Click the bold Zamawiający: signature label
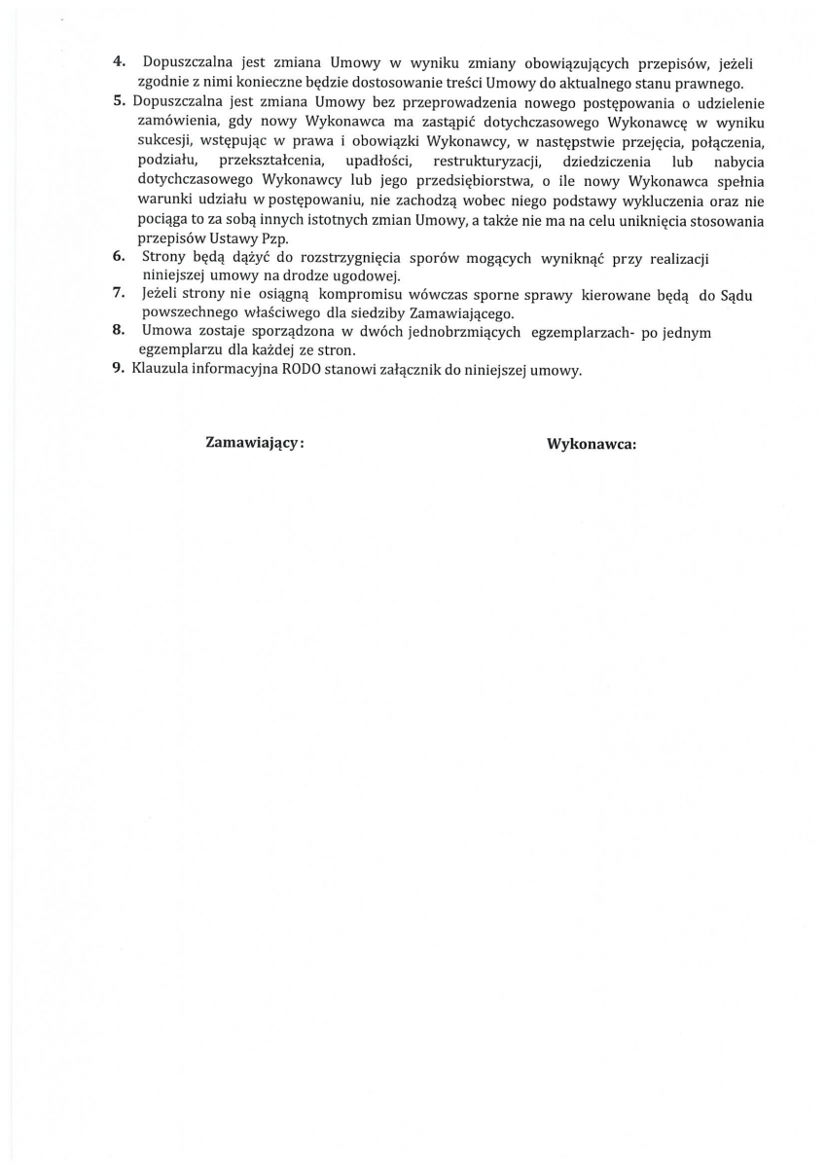tap(255, 442)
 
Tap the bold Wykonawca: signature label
tap(592, 444)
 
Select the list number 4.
tap(119, 61)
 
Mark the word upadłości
tap(375, 162)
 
